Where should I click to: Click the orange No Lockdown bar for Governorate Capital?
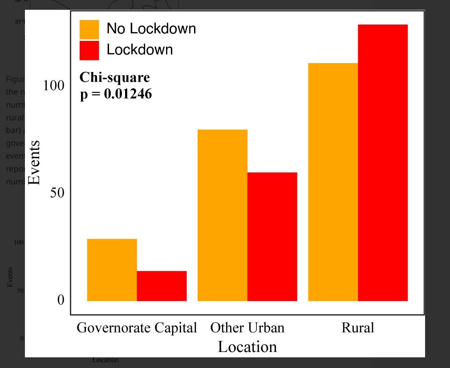[112, 270]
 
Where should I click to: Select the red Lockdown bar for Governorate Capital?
[162, 286]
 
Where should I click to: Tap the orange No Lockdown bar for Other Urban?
[222, 215]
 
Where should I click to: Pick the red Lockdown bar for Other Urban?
[272, 236]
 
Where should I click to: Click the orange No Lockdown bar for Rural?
[333, 182]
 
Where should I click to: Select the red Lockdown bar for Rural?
[383, 163]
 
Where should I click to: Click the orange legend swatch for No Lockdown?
[89, 29]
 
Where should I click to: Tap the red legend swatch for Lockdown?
[89, 50]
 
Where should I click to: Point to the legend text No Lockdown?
[151, 29]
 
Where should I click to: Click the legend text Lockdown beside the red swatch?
[139, 49]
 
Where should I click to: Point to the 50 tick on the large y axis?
[57, 193]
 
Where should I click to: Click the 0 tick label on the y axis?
[61, 300]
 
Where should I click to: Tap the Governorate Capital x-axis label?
[137, 328]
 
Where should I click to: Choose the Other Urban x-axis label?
[247, 328]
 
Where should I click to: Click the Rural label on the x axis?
[358, 328]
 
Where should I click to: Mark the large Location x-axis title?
[247, 347]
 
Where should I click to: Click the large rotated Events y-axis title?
[34, 163]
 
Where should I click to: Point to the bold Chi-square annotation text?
[114, 77]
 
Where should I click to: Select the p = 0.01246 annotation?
[116, 94]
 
